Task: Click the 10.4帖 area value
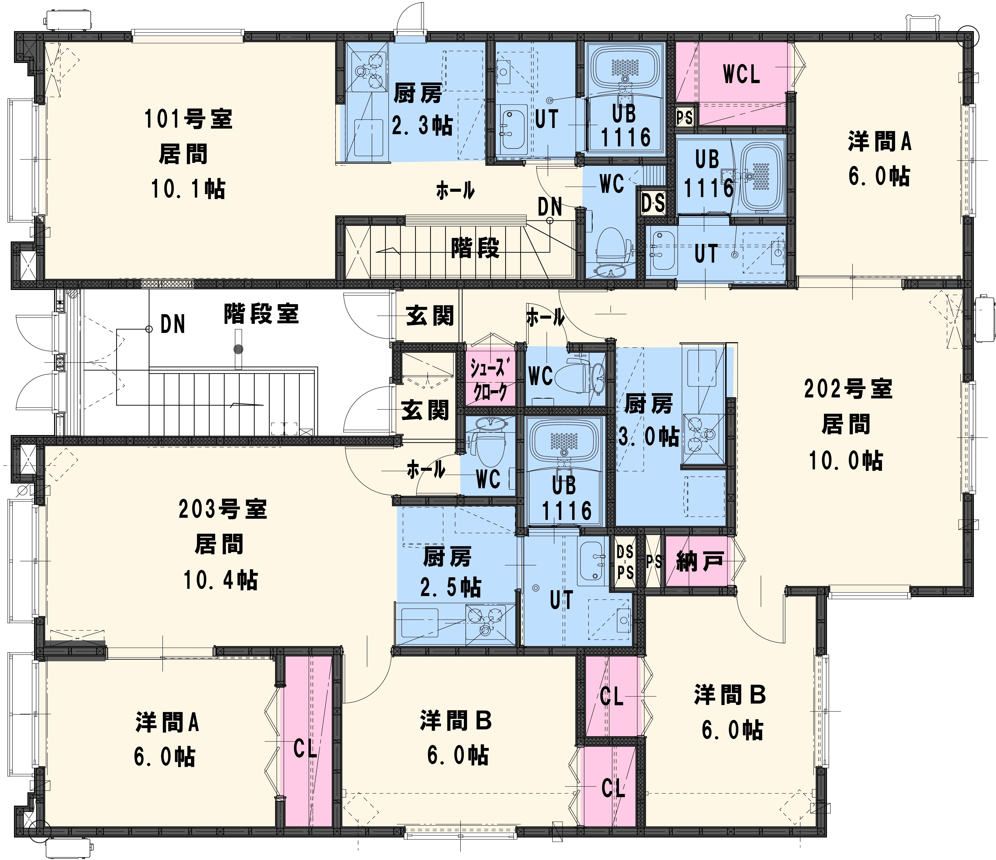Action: pos(221,580)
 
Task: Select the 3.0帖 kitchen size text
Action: pos(649,436)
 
